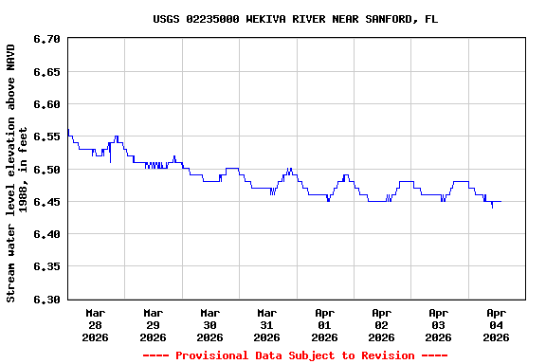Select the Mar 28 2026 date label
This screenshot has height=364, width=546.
[x=96, y=324]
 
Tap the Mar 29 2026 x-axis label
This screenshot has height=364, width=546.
[x=153, y=324]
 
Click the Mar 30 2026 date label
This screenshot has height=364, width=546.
[x=210, y=324]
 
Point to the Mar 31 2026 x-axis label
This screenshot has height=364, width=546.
[x=267, y=324]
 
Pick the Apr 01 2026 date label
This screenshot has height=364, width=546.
[x=324, y=324]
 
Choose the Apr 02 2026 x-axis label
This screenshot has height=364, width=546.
[x=381, y=324]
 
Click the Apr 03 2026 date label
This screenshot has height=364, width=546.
[x=439, y=324]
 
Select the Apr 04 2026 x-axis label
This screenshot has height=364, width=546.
[x=496, y=324]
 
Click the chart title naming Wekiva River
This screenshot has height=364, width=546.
[x=296, y=19]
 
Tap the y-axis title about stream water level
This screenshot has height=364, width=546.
[x=17, y=172]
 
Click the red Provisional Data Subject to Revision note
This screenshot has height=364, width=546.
[x=295, y=355]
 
